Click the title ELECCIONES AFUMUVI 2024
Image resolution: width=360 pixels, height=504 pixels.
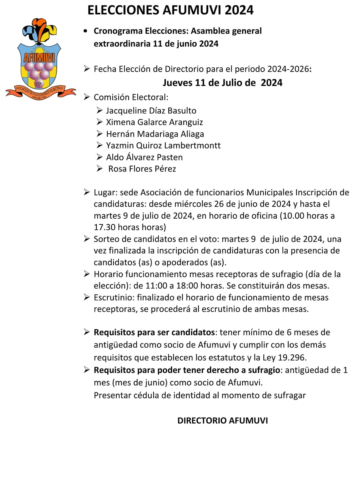tap(170, 11)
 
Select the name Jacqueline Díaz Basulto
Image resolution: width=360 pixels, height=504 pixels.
tap(151, 110)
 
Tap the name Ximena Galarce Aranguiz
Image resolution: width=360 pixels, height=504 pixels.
tap(154, 122)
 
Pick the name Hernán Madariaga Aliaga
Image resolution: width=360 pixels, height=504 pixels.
tap(155, 134)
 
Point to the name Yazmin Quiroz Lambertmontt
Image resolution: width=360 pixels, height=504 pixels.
tap(163, 145)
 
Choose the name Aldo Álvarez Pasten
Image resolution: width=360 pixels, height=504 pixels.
tap(144, 157)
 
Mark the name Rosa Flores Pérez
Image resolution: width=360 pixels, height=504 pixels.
tap(142, 169)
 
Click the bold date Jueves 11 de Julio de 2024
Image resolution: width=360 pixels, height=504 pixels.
tap(222, 83)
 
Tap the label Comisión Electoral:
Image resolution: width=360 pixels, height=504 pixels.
tap(131, 97)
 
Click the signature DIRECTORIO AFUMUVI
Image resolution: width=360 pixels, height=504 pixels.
tap(222, 420)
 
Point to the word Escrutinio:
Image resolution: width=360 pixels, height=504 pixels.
tap(114, 298)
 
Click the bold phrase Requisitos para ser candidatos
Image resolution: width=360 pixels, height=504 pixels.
tap(154, 332)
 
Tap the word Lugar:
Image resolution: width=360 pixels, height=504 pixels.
tap(106, 193)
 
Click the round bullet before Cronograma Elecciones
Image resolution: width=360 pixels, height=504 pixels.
tap(85, 31)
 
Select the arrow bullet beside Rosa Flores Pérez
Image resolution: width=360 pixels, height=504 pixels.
tap(99, 169)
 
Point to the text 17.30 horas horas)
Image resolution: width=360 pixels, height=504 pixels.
tap(130, 227)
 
